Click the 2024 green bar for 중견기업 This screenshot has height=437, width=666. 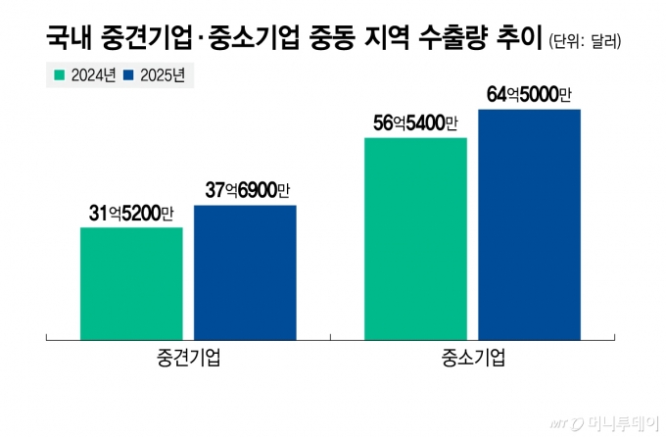(x=131, y=283)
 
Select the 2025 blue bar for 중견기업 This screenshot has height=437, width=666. (x=245, y=272)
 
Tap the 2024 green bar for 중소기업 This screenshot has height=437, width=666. (x=415, y=239)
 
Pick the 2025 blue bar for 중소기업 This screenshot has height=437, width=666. (x=529, y=224)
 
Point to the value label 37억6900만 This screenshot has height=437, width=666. (x=248, y=190)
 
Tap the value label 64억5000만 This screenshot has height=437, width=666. (x=529, y=94)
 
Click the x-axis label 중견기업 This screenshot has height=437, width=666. (x=187, y=358)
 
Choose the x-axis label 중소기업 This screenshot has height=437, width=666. (x=472, y=358)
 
